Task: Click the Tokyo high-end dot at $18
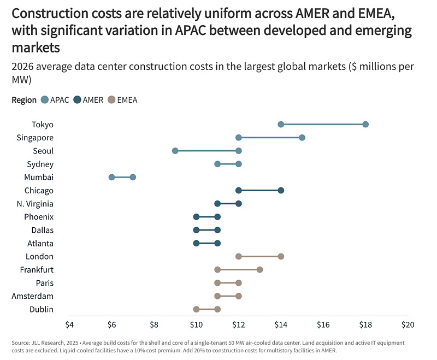pyautogui.click(x=365, y=125)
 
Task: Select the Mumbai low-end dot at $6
pyautogui.click(x=111, y=177)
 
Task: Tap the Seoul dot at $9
pyautogui.click(x=175, y=151)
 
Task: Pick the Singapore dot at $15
pyautogui.click(x=302, y=138)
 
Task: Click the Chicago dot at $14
pyautogui.click(x=281, y=190)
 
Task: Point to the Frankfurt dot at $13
pyautogui.click(x=259, y=269)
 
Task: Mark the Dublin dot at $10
pyautogui.click(x=196, y=309)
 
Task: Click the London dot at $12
pyautogui.click(x=239, y=256)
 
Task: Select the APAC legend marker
pyautogui.click(x=46, y=100)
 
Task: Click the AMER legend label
pyautogui.click(x=93, y=100)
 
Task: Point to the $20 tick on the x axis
pyautogui.click(x=408, y=324)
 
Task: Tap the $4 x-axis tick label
pyautogui.click(x=69, y=324)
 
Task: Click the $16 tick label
pyautogui.click(x=323, y=324)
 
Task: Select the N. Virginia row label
pyautogui.click(x=34, y=204)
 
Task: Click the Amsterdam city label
pyautogui.click(x=32, y=296)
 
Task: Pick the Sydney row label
pyautogui.click(x=40, y=164)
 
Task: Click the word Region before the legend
pyautogui.click(x=24, y=100)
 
